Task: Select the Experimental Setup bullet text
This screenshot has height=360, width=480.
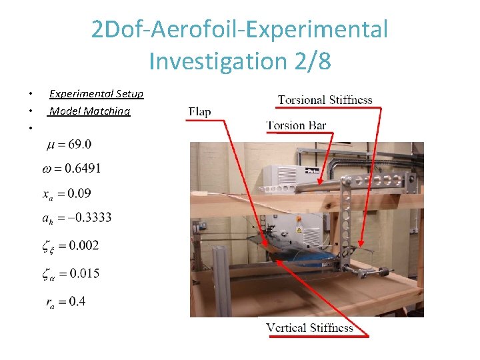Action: pos(96,94)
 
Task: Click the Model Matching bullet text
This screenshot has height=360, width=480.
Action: pos(89,111)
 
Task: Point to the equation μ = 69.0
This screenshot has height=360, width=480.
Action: pos(69,144)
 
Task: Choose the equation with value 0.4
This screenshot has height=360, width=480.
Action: pos(66,301)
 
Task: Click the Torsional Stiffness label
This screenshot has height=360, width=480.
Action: pos(325,101)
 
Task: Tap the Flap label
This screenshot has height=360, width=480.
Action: pos(199,111)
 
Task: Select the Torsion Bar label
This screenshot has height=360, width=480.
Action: pos(296,125)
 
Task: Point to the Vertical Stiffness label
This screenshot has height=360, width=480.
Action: pos(309,327)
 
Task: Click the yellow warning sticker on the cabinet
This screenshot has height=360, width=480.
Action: pos(299,230)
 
